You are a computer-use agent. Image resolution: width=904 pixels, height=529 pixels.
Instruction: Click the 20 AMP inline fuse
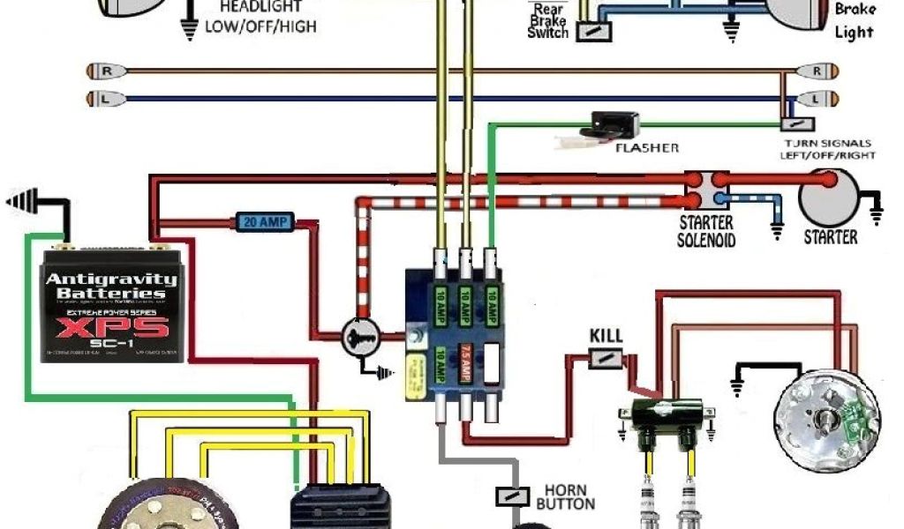click(x=263, y=223)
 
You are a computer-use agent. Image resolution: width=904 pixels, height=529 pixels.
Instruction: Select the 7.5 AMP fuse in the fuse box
click(x=466, y=362)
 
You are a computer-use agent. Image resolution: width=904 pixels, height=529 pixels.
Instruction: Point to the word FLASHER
click(x=648, y=147)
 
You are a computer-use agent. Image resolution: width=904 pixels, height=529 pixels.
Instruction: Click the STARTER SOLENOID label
click(x=706, y=231)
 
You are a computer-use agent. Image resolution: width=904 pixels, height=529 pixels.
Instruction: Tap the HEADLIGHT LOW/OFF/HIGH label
click(x=260, y=18)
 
